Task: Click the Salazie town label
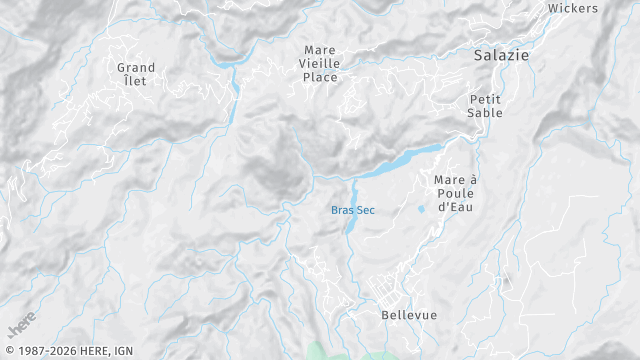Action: coord(501,56)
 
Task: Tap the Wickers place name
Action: coord(573,8)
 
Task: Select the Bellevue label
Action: coord(409,315)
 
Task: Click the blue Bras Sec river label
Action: coord(354,210)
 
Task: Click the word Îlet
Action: coord(134,81)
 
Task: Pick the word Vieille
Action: coord(321,62)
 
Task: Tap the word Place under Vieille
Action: coord(321,77)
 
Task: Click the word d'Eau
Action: coord(454,207)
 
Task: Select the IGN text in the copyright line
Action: coord(123,351)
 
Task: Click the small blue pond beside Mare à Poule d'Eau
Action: coord(421,209)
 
